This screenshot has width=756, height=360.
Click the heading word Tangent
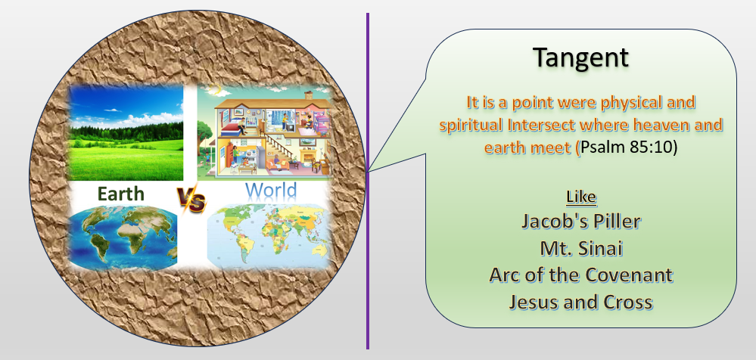tap(581, 57)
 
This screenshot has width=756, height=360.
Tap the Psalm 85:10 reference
tap(629, 147)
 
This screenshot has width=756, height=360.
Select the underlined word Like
tap(581, 197)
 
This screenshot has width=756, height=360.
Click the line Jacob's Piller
tap(581, 221)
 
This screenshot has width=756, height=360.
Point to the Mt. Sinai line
tap(581, 248)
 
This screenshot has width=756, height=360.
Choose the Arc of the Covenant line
tap(581, 275)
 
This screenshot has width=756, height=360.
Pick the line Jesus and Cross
tap(581, 302)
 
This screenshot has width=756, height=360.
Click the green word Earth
tap(120, 194)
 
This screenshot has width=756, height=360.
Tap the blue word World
tap(270, 191)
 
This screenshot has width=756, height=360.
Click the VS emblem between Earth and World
tap(191, 199)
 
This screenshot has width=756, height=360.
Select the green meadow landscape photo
tap(126, 133)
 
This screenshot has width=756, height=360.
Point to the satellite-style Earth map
tap(123, 237)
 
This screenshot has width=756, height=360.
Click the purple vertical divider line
tap(367, 181)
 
